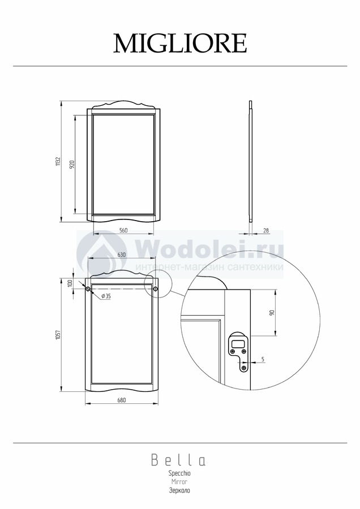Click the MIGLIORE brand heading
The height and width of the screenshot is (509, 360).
point(180,43)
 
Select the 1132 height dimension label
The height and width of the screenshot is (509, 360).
point(58,162)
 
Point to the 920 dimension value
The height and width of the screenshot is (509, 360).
point(72,164)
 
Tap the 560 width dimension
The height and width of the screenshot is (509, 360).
point(123,231)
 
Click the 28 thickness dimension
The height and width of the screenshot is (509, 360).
point(266,231)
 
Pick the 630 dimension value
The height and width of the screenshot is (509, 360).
point(121,255)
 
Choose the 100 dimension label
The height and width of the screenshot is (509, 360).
point(69,283)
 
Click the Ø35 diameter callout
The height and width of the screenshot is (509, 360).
point(106,296)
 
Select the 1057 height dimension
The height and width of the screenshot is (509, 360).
point(58,335)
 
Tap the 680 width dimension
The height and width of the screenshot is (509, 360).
point(121,400)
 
